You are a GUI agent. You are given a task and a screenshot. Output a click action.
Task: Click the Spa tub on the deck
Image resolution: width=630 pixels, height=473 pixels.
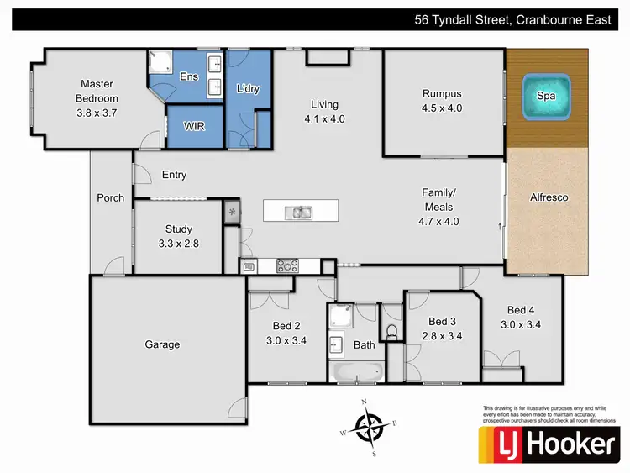pos(546,95)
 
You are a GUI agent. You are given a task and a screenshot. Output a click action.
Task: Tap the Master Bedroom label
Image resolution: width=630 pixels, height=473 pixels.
pos(97,90)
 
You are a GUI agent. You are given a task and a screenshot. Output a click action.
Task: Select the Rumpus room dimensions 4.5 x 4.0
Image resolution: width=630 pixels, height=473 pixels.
pos(442,108)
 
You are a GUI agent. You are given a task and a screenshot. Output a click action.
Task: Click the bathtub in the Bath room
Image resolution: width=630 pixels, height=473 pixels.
pos(357,371)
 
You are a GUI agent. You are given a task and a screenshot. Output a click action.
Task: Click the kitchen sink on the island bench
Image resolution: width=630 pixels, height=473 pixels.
pos(301,212)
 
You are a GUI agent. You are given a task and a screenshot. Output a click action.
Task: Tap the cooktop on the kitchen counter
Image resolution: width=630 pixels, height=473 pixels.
pos(287,267)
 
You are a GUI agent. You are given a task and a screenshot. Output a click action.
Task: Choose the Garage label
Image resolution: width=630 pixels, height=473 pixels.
pos(162,344)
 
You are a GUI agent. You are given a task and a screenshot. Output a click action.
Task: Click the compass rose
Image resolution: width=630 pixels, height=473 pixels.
pos(368,428)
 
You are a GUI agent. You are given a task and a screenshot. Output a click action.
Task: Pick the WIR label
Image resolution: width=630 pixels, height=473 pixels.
pos(195,126)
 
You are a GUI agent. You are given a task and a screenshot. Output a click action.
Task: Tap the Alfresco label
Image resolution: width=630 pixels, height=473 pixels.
pos(549,197)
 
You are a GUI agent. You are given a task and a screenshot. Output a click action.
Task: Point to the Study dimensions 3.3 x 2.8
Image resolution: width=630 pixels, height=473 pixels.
pos(178,243)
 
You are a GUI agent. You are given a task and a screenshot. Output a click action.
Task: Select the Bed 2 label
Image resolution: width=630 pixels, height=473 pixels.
pos(286,326)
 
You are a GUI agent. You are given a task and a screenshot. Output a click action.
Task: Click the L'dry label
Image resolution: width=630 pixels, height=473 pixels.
pos(247,88)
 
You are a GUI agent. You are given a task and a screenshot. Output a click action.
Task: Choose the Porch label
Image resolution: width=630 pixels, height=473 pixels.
pos(111,198)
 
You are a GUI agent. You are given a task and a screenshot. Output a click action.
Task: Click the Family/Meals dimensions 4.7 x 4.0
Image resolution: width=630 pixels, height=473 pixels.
pos(438,222)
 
